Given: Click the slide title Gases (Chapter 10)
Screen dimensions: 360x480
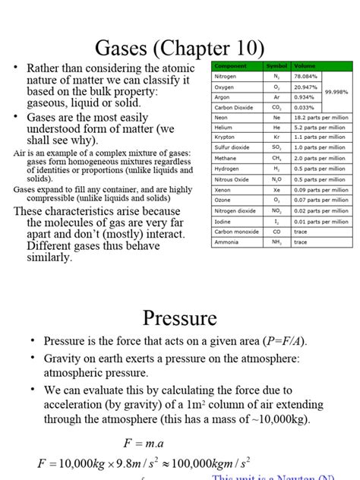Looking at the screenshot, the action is pyautogui.click(x=180, y=49).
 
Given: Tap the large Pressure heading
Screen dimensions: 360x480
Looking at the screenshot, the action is pyautogui.click(x=180, y=317).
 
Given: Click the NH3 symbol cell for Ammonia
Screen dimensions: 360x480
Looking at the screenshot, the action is pyautogui.click(x=276, y=242).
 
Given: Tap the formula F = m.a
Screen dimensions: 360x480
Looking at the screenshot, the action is pyautogui.click(x=146, y=443).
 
